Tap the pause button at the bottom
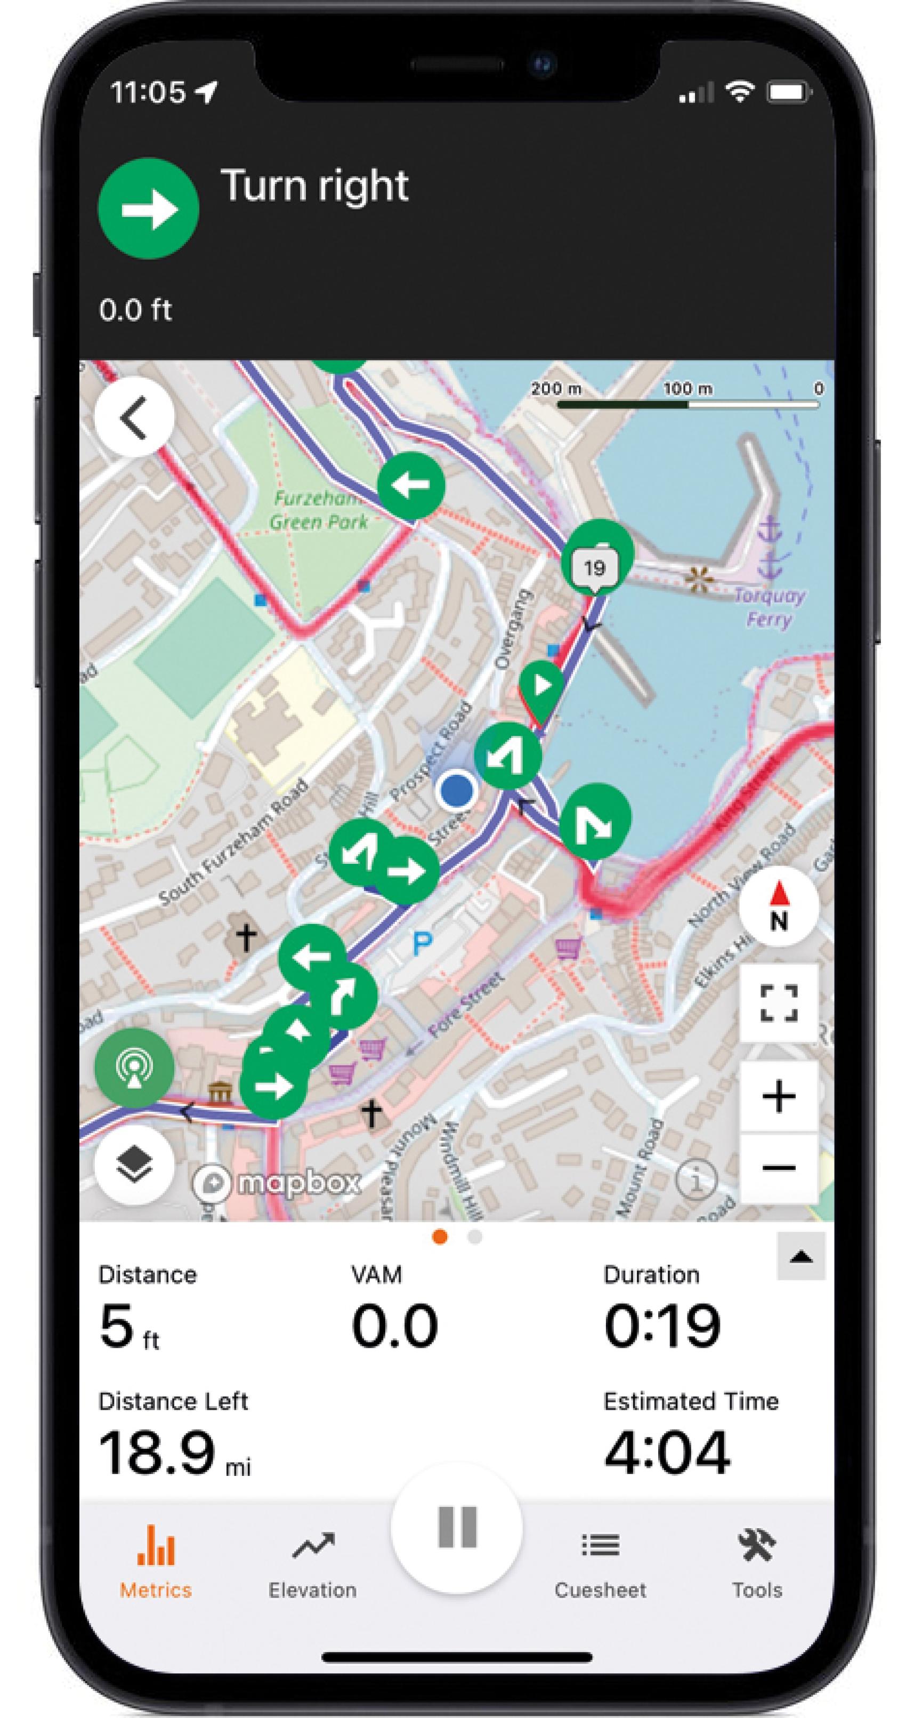(x=457, y=1527)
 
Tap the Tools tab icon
(x=757, y=1546)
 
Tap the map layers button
(x=135, y=1165)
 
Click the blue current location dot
(x=457, y=790)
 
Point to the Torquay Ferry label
(x=769, y=607)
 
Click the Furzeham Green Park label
(x=318, y=510)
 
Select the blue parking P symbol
(x=422, y=943)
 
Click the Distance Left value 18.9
(x=157, y=1452)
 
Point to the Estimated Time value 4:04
(x=667, y=1452)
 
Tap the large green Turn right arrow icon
(x=148, y=208)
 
